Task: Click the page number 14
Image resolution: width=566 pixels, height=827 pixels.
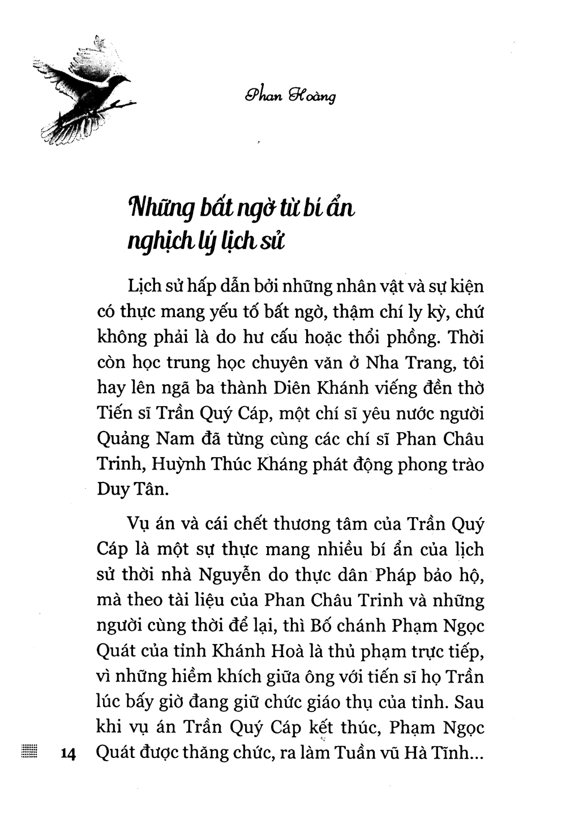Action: [x=67, y=754]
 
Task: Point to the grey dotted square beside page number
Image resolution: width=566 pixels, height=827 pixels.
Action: [x=28, y=752]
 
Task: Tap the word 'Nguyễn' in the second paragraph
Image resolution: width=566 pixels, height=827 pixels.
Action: [x=229, y=575]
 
